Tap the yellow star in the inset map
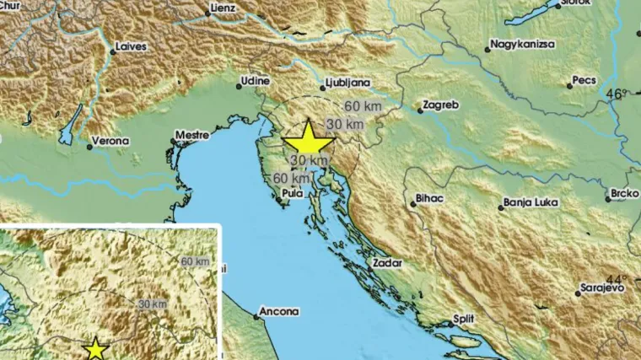click(96, 348)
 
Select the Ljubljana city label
click(348, 83)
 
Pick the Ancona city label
click(278, 311)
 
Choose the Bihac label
click(429, 201)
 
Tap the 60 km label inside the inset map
click(193, 261)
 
